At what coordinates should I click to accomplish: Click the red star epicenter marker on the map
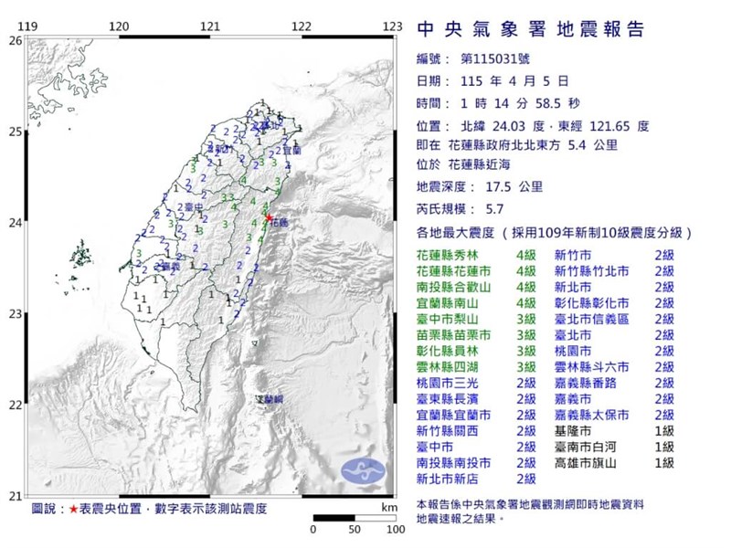268,216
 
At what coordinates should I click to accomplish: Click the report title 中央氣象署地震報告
530,29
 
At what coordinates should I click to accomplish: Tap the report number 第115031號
488,60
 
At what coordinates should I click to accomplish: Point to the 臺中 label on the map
192,207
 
